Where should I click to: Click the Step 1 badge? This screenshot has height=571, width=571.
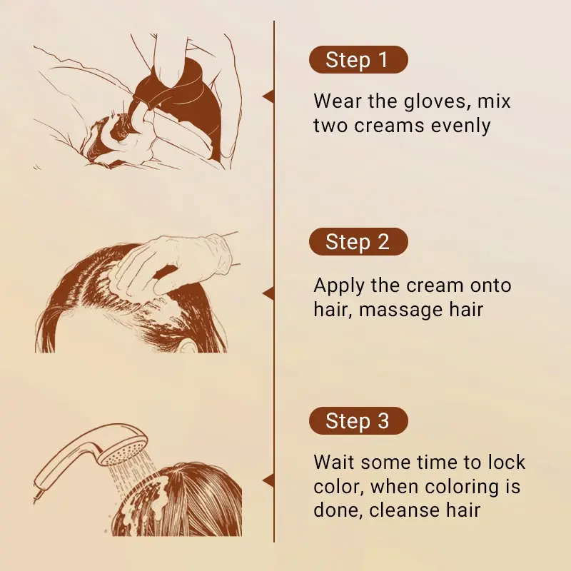358,60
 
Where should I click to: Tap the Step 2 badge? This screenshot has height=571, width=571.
358,241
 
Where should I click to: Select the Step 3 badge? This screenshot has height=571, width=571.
358,420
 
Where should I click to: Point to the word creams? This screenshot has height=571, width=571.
389,126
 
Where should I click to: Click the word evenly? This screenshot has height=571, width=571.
460,126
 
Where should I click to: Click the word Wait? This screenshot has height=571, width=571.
334,462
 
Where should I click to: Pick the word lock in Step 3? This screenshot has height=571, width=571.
507,462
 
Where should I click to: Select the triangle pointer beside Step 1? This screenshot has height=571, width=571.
268,96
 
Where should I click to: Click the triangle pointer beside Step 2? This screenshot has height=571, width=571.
268,293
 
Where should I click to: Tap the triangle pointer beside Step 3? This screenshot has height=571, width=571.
268,480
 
